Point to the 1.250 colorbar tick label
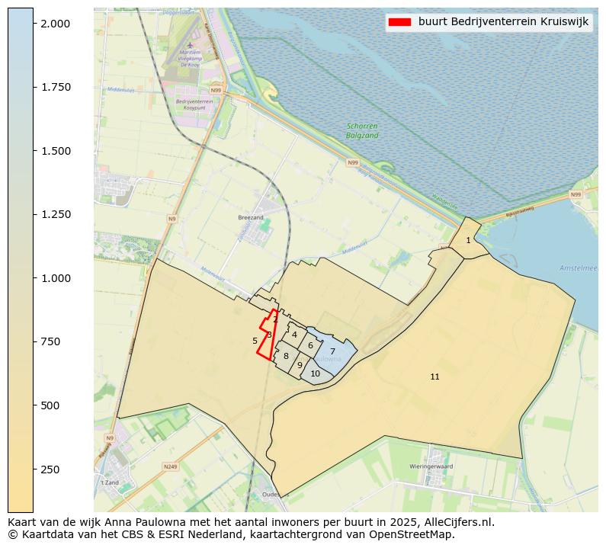pyautogui.click(x=55, y=214)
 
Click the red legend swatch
pyautogui.click(x=399, y=22)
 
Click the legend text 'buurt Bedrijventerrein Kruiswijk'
pyautogui.click(x=503, y=22)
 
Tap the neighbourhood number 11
pyautogui.click(x=434, y=377)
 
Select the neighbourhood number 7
pyautogui.click(x=332, y=351)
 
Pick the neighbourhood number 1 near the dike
pyautogui.click(x=468, y=241)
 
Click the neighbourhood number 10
pyautogui.click(x=315, y=373)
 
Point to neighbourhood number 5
pyautogui.click(x=255, y=341)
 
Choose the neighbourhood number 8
pyautogui.click(x=286, y=356)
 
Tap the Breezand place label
pyautogui.click(x=250, y=217)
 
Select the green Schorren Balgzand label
pyautogui.click(x=362, y=130)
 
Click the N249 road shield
pyautogui.click(x=169, y=466)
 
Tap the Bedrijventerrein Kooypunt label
pyautogui.click(x=191, y=104)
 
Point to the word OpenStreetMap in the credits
pyautogui.click(x=418, y=534)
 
